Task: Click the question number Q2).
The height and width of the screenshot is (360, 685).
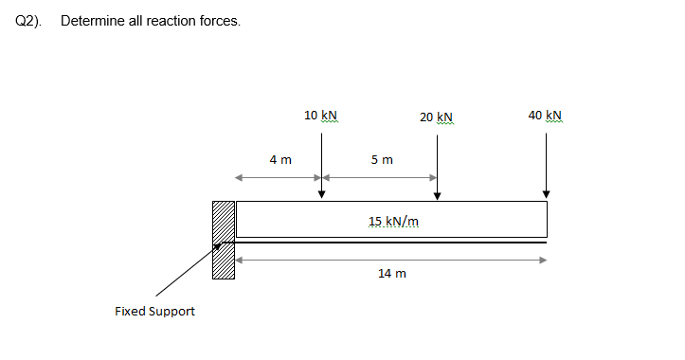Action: [x=29, y=21]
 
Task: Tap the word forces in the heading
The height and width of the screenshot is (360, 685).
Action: [x=217, y=21]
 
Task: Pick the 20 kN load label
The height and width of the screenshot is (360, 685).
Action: [x=437, y=117]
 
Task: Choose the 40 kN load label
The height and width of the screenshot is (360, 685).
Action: [x=546, y=116]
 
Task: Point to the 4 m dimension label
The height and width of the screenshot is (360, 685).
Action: [x=279, y=160]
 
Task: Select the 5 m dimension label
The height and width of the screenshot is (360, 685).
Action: [x=382, y=160]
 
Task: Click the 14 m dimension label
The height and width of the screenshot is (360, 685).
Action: [x=391, y=273]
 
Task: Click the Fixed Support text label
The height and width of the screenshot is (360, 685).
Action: [x=154, y=311]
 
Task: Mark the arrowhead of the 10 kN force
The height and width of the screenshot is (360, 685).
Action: [x=321, y=194]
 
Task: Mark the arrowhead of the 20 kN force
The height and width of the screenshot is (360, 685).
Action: [x=437, y=195]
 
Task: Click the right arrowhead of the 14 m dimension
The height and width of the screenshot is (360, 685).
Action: [x=543, y=260]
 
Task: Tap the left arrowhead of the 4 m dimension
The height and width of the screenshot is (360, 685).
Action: [x=239, y=177]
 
